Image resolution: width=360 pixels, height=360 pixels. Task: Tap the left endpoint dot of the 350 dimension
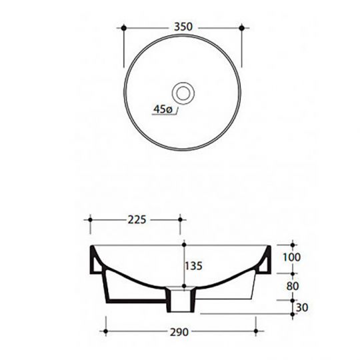(x=125, y=27)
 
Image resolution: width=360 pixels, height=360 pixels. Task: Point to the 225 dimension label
(x=135, y=218)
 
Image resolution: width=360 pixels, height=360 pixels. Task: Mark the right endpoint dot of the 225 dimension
(x=181, y=219)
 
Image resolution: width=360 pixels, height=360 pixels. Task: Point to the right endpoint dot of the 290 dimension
(x=256, y=330)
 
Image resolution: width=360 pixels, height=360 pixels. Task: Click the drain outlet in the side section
(x=180, y=301)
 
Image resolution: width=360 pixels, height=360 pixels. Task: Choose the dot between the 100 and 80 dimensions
(x=292, y=273)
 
